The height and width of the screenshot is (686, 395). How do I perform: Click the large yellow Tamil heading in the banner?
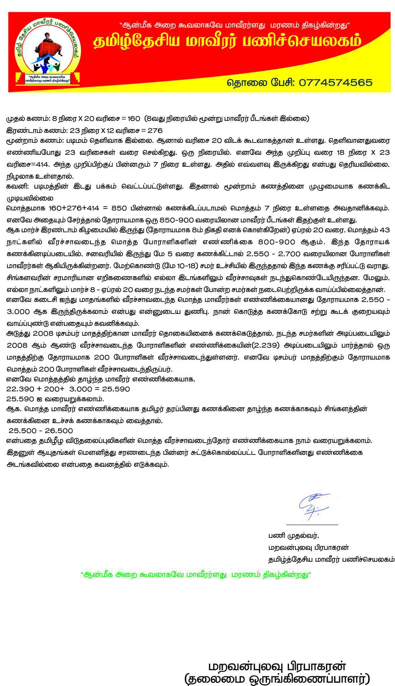click(227, 42)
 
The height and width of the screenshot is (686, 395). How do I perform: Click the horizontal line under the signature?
click(312, 525)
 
